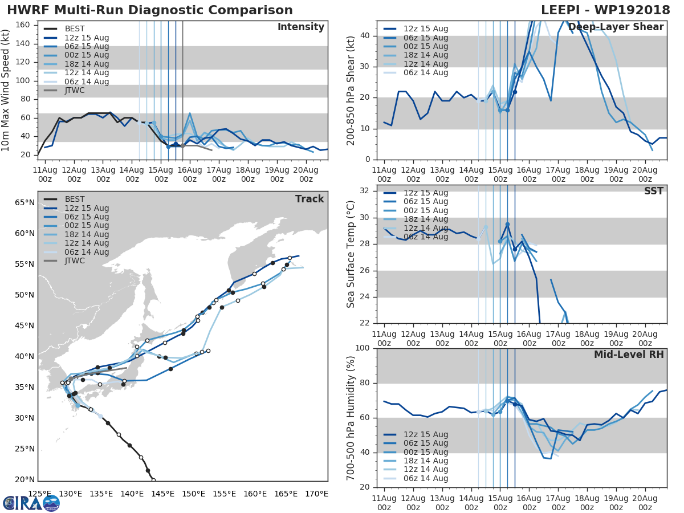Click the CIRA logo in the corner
tap(31, 503)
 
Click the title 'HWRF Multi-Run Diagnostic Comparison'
tap(150, 10)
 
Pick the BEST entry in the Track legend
tap(75, 199)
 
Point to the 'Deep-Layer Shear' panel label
tap(616, 27)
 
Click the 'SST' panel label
tap(653, 191)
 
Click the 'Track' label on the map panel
tap(310, 199)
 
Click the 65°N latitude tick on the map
tap(24, 202)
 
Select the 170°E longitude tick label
tap(317, 494)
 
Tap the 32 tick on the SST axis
tap(364, 191)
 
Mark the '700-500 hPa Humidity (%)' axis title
tap(351, 417)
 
